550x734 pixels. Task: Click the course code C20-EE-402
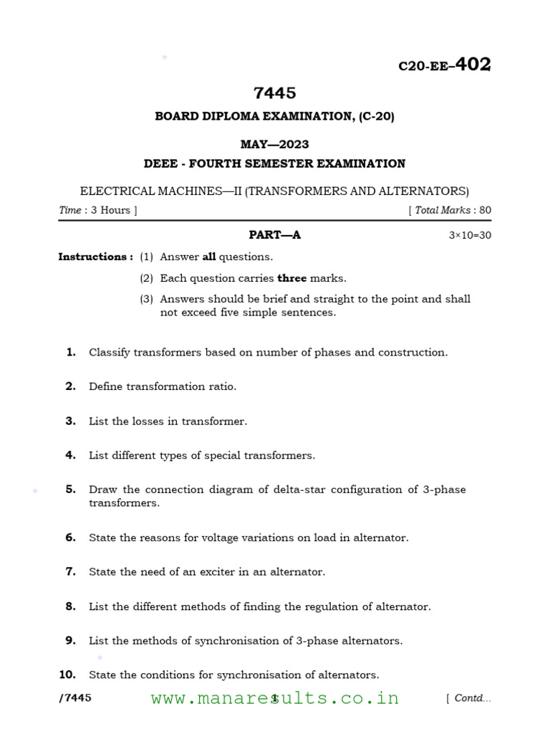(x=444, y=65)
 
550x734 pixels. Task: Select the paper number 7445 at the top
(x=274, y=93)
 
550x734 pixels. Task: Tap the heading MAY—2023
(x=274, y=144)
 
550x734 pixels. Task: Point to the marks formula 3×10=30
(x=470, y=235)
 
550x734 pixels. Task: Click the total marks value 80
(x=485, y=210)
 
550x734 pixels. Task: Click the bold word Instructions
(x=95, y=257)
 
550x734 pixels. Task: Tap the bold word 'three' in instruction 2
(x=291, y=278)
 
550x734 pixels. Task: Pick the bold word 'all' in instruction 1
(x=209, y=257)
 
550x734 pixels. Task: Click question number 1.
(x=71, y=352)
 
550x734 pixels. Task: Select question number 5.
(x=71, y=490)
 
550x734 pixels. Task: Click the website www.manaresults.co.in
(x=275, y=698)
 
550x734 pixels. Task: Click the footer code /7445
(x=74, y=698)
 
